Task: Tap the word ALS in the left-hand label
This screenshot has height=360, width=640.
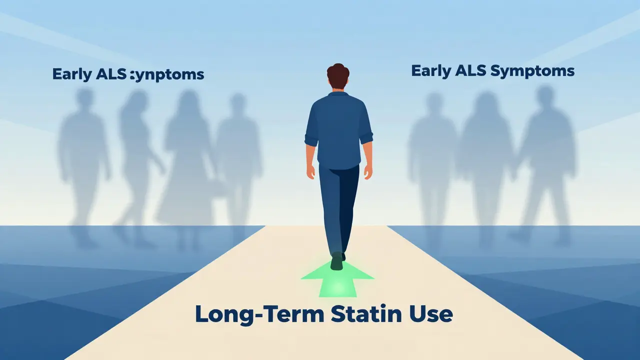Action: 110,74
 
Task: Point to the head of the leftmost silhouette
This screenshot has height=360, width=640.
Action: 84,97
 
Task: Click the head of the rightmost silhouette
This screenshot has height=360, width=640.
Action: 545,95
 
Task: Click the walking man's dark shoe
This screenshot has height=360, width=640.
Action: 336,261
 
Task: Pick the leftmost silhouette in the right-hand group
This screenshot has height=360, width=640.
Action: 433,160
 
